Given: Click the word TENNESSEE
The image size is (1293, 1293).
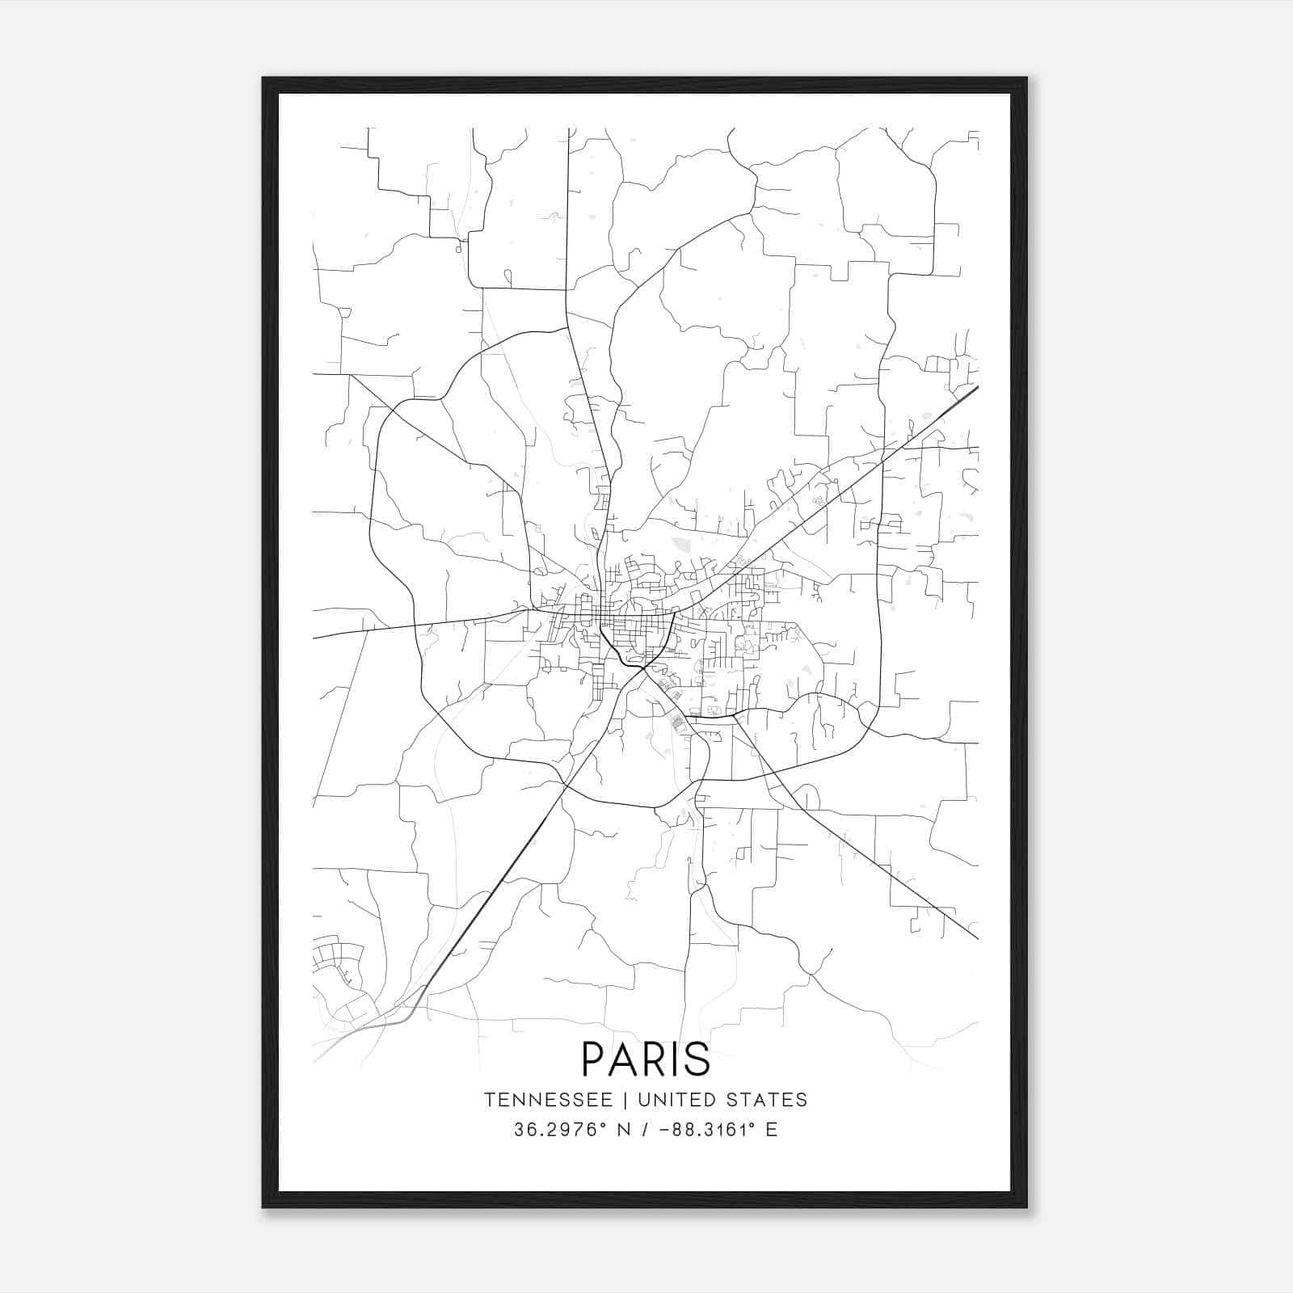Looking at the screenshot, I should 547,1100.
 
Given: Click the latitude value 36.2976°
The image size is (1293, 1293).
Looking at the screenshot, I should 558,1130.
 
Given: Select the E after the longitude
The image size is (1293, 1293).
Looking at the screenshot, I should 772,1130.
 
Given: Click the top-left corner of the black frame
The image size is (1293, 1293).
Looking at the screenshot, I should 263,78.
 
